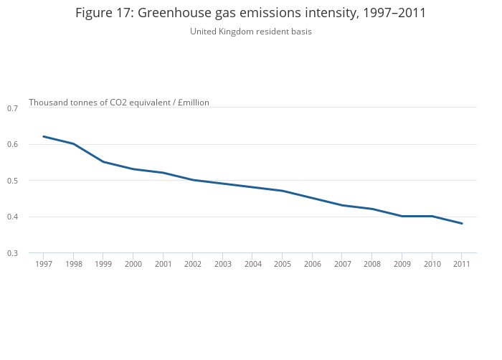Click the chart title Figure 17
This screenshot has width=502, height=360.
click(251, 13)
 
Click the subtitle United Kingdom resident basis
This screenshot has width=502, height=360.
click(251, 32)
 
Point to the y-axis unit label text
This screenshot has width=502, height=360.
click(119, 103)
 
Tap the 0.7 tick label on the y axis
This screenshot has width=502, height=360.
click(12, 108)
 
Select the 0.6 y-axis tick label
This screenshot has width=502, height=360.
click(12, 144)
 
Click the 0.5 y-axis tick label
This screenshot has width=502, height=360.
click(12, 181)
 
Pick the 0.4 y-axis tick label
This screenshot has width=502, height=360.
click(12, 217)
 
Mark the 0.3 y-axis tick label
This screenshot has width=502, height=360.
click(12, 253)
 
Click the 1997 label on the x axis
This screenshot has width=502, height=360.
click(44, 264)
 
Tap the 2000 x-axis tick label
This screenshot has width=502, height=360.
click(133, 264)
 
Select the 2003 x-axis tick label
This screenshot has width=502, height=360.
click(223, 264)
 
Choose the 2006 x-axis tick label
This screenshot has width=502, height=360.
click(313, 264)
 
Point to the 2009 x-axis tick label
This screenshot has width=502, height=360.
click(402, 264)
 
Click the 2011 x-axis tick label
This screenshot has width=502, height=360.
click(462, 264)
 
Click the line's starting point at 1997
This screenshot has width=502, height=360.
click(44, 136)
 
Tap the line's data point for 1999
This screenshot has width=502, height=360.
click(103, 162)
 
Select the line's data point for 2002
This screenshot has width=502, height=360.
click(193, 180)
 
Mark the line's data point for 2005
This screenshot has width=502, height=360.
click(283, 191)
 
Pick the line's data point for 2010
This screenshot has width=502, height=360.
click(432, 216)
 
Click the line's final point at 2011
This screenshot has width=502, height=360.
click(462, 223)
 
